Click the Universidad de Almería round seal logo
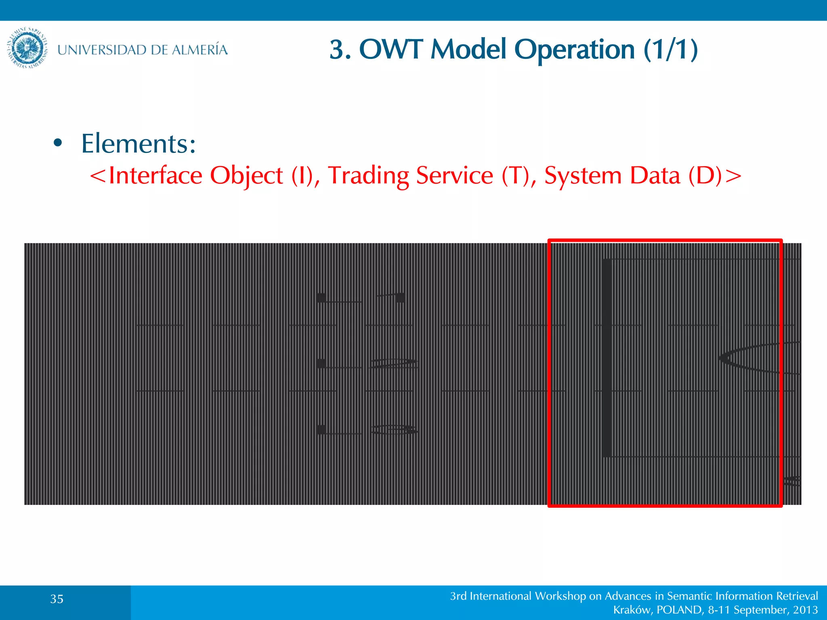point(27,48)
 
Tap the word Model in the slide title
point(468,50)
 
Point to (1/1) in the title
point(671,50)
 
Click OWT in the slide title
point(390,50)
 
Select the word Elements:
point(139,144)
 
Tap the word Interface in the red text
point(155,176)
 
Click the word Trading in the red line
point(368,176)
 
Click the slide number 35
point(57,599)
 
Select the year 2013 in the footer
point(805,610)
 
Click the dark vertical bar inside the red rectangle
point(607,358)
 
